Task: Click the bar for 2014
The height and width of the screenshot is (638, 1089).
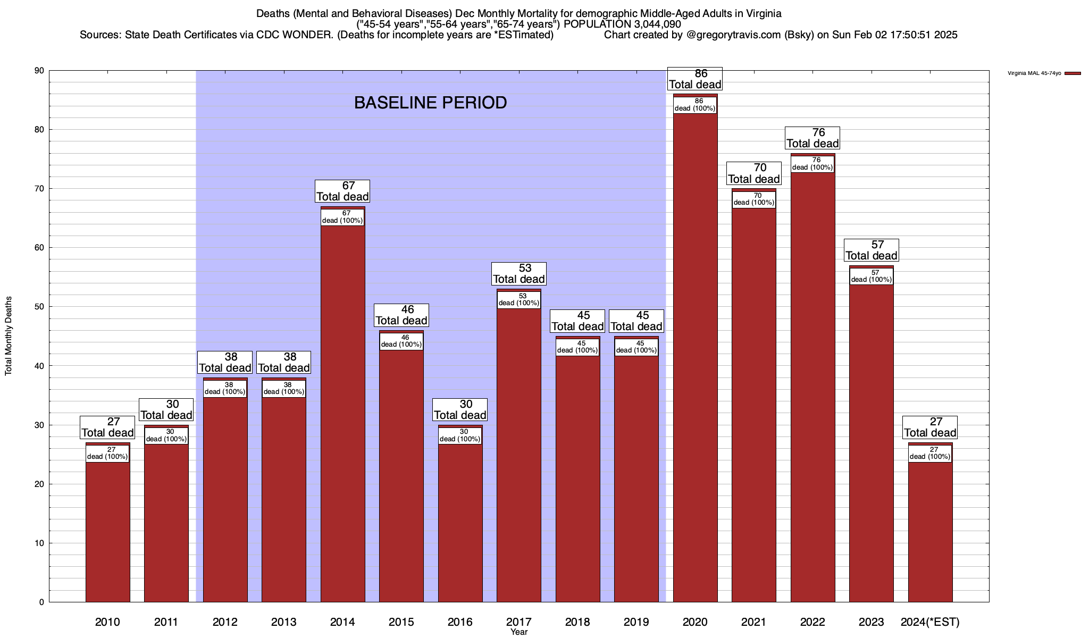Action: pyautogui.click(x=342, y=415)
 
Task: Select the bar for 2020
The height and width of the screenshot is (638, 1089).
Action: pyautogui.click(x=695, y=362)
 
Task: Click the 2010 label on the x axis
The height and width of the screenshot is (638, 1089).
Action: pyautogui.click(x=107, y=622)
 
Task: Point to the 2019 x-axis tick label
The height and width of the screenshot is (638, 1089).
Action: pyautogui.click(x=636, y=622)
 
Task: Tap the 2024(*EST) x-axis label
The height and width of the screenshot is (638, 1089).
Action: pyautogui.click(x=930, y=622)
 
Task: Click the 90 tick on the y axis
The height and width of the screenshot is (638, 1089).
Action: pyautogui.click(x=39, y=71)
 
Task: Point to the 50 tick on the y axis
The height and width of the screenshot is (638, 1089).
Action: pyautogui.click(x=39, y=307)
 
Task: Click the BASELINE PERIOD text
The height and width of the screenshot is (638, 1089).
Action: pyautogui.click(x=430, y=103)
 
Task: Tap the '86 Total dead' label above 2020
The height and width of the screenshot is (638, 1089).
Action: pyautogui.click(x=695, y=79)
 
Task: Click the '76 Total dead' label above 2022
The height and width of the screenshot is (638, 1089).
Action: pyautogui.click(x=812, y=138)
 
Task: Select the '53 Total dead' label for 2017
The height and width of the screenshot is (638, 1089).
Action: pyautogui.click(x=519, y=274)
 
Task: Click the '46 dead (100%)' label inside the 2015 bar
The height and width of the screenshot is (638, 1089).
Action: pyautogui.click(x=401, y=341)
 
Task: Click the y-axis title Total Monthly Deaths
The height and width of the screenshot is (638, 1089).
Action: pyautogui.click(x=9, y=336)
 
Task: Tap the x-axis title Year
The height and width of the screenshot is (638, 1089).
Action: pyautogui.click(x=519, y=632)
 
